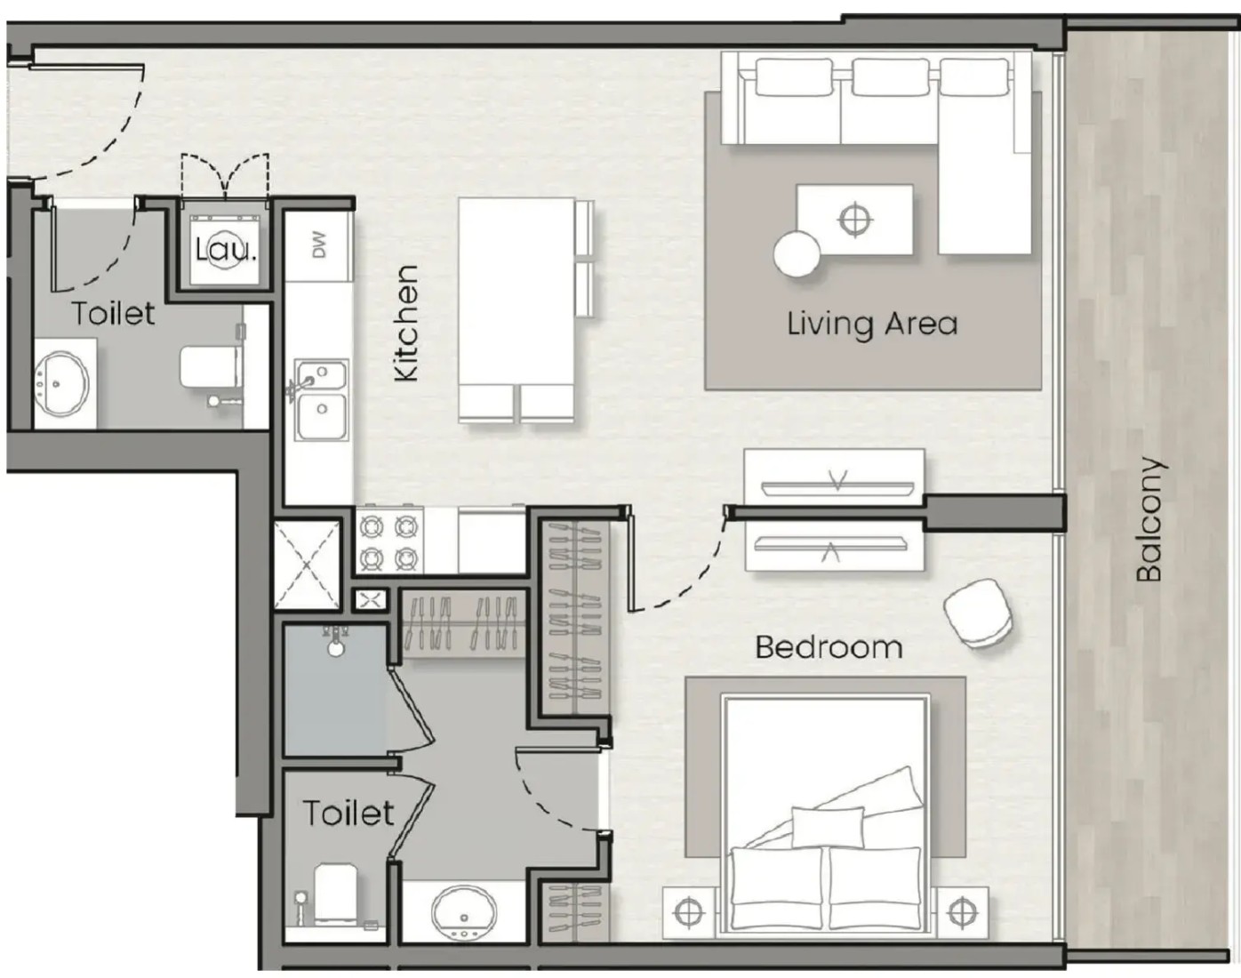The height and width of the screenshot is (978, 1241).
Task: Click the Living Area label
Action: pos(872,325)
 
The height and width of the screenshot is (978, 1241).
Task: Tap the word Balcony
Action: pos(1149,518)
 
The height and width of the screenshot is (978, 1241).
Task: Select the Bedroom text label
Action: pos(829,647)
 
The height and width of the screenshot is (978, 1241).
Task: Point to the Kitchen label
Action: pos(406,323)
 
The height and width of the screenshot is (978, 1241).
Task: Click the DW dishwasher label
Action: pos(318,244)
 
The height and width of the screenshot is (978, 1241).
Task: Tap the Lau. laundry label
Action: pos(226,251)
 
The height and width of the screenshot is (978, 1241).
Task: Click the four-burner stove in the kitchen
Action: pos(389,542)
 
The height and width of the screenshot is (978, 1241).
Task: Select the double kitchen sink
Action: pos(321,400)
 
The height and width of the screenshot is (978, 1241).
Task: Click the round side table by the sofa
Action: pos(797,254)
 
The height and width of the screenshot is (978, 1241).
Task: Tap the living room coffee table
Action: pos(854,220)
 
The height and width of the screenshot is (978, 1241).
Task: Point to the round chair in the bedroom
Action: pos(978,613)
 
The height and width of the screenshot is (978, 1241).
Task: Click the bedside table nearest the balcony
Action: pos(962,912)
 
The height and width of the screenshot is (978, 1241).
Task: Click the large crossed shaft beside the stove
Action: pos(307,565)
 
